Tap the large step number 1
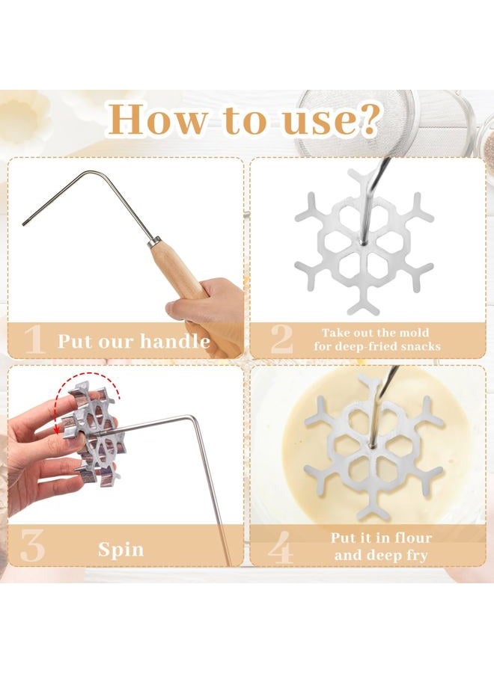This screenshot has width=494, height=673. (34, 340)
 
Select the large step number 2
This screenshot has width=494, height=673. (281, 339)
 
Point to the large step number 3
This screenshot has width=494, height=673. (32, 547)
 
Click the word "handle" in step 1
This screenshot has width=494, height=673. (175, 341)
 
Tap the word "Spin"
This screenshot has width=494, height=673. (121, 550)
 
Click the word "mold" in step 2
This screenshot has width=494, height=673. (414, 333)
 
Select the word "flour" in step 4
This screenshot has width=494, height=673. (410, 538)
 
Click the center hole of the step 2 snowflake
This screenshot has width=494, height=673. (363, 243)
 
